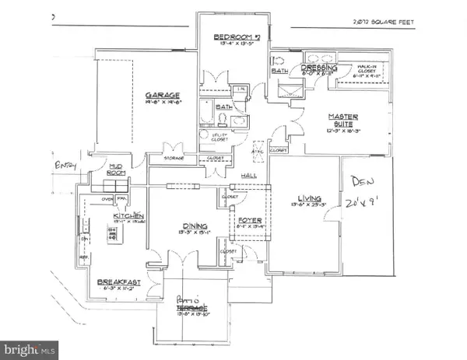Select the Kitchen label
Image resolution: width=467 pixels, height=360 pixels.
pyautogui.click(x=126, y=215)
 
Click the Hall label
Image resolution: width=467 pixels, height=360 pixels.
pyautogui.click(x=249, y=176)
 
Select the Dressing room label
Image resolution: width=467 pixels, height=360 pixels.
pyautogui.click(x=318, y=68)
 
